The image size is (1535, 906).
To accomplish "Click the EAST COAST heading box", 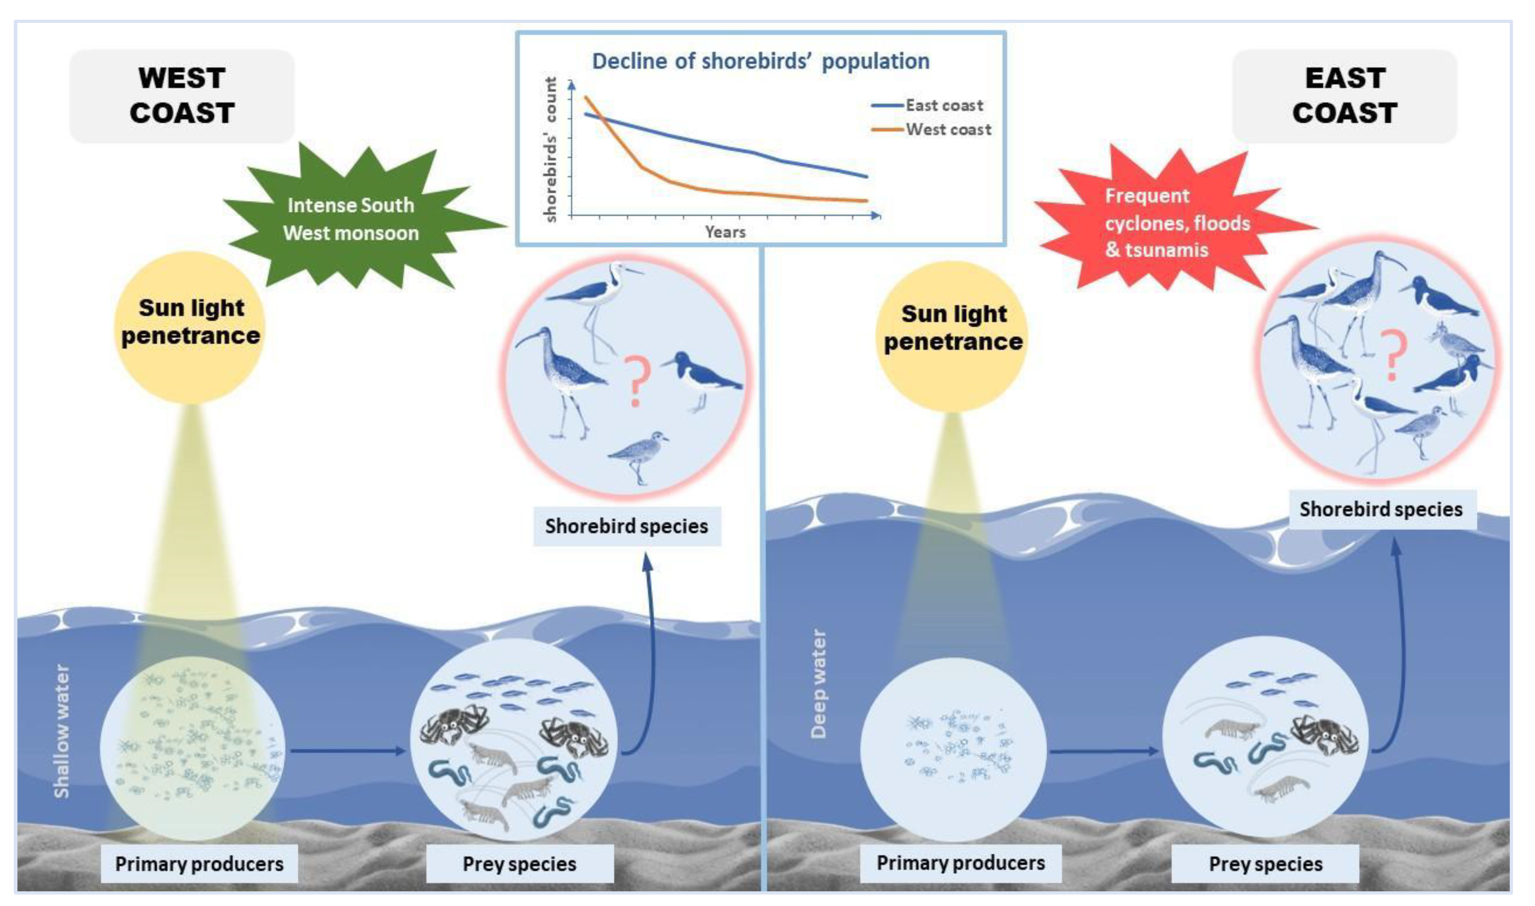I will (1344, 96).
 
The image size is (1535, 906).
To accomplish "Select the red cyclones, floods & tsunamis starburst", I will (1176, 222).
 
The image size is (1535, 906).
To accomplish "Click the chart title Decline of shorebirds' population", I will (761, 61).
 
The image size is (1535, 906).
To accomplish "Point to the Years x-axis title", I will (725, 232).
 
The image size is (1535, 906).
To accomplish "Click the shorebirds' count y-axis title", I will (551, 149).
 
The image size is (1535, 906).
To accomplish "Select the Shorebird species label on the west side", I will (626, 526).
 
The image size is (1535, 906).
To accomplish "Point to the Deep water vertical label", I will (818, 684).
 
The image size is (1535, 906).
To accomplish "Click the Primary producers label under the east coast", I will (960, 862).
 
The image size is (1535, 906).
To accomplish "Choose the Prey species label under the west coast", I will (519, 864).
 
